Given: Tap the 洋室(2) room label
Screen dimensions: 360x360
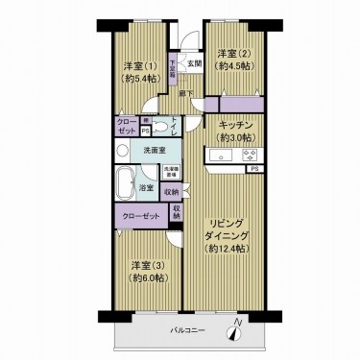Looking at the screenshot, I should pyautogui.click(x=234, y=54).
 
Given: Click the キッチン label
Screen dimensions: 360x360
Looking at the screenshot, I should pyautogui.click(x=236, y=125).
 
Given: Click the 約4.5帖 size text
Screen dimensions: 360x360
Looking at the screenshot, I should pyautogui.click(x=234, y=66).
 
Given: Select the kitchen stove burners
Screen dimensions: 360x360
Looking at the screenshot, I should pyautogui.click(x=251, y=156).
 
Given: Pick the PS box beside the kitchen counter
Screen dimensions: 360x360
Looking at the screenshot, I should pyautogui.click(x=253, y=170).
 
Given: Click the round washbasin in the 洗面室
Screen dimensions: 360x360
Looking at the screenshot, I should pyautogui.click(x=122, y=152).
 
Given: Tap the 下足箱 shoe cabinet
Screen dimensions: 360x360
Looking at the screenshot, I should pyautogui.click(x=173, y=70).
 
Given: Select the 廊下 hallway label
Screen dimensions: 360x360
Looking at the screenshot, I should pyautogui.click(x=186, y=92).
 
